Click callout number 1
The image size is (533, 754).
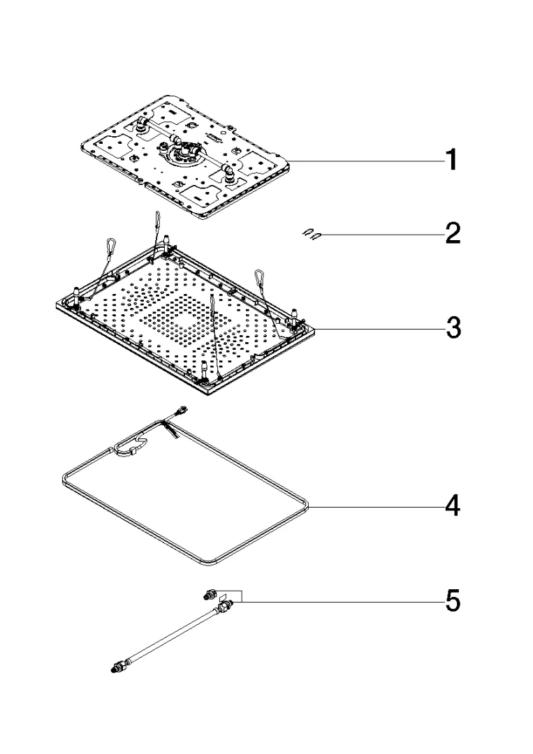tap(451, 160)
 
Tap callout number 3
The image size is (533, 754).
tap(453, 328)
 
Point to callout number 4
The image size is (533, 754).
tap(453, 506)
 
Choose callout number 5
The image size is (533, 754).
tap(453, 601)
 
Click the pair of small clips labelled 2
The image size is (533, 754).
tap(312, 235)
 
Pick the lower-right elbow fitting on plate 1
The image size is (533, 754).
tap(228, 174)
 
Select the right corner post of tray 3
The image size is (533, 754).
tap(294, 316)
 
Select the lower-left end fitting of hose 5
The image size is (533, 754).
tap(117, 667)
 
